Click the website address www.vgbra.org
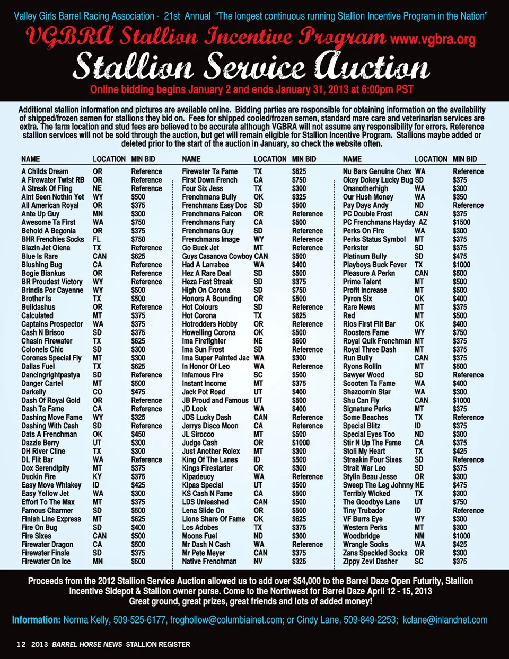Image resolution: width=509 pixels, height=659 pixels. [x=433, y=40]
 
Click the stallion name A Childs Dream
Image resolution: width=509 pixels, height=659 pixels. [x=45, y=171]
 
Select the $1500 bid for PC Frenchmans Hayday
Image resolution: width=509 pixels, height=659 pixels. [x=461, y=222]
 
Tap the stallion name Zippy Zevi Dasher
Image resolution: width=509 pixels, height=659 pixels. [x=370, y=561]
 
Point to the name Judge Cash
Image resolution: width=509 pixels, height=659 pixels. [x=199, y=443]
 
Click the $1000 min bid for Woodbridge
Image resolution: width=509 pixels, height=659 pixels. [x=461, y=536]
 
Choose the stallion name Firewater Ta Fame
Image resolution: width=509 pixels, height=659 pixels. [x=209, y=171]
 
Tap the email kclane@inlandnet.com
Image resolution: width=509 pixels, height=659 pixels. [x=444, y=620]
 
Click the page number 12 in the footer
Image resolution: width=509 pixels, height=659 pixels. [x=21, y=644]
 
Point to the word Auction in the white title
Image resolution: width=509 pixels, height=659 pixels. [x=371, y=68]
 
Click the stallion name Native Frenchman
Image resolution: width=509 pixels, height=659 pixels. [x=209, y=561]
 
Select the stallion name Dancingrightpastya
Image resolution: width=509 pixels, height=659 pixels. [x=50, y=375]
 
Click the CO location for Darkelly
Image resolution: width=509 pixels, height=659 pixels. [x=98, y=392]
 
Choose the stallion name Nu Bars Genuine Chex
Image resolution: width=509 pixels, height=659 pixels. [x=377, y=171]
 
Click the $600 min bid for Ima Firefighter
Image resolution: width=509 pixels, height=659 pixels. [x=299, y=341]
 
